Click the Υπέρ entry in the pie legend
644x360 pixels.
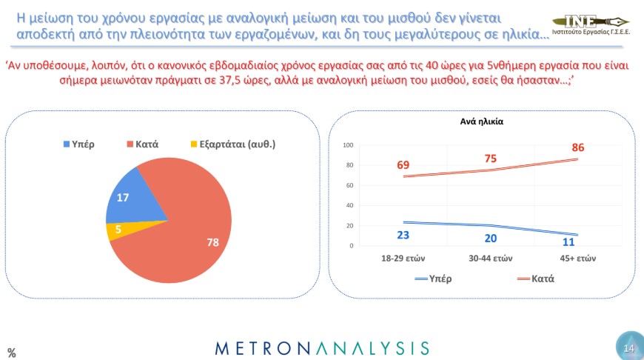tap(79, 144)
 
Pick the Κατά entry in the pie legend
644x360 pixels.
tap(143, 144)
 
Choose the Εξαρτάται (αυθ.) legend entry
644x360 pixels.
tap(233, 144)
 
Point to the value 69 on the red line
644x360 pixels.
tap(403, 164)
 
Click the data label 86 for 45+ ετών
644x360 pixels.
tap(578, 147)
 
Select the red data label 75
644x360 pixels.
tap(490, 159)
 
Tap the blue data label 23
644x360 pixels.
tap(403, 235)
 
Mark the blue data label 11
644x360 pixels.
tap(568, 242)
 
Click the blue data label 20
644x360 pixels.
tap(490, 239)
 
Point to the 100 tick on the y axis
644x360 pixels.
tap(348, 145)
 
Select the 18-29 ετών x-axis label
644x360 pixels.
tap(403, 259)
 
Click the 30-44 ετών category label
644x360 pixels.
tap(490, 259)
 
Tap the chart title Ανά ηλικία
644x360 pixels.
tap(481, 121)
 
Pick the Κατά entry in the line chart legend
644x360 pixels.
tap(536, 279)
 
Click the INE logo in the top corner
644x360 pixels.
tap(591, 24)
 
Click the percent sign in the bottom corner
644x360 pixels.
tap(12, 353)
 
